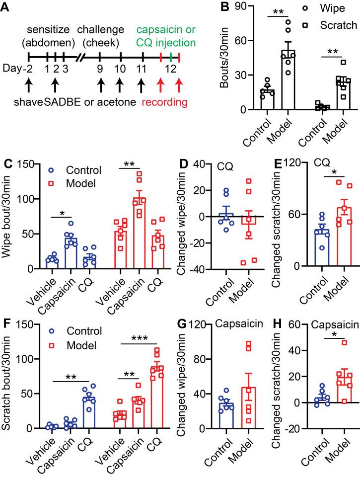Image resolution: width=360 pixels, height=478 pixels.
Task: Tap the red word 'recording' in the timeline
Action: click(165, 103)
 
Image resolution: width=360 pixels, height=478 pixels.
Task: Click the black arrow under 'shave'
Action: click(29, 83)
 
